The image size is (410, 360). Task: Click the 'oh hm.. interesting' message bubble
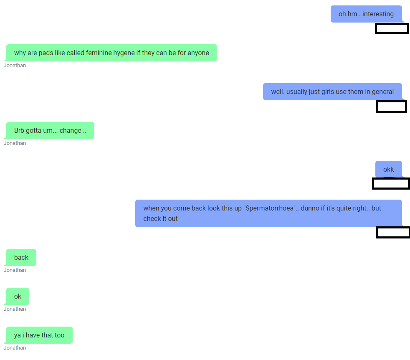[x=366, y=14]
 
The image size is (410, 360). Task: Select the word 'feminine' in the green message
[x=99, y=53]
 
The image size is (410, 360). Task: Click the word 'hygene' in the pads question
[x=124, y=53]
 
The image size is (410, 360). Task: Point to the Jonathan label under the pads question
[x=15, y=66]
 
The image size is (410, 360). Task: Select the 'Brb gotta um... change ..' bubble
[x=50, y=131]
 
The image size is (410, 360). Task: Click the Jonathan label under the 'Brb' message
[x=15, y=143]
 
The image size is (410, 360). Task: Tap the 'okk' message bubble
[x=389, y=169]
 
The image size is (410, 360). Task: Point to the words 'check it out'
[x=160, y=219]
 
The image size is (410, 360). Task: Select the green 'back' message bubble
[x=21, y=257]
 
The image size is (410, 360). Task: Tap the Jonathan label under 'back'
[x=15, y=270]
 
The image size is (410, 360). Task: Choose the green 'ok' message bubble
[x=18, y=296]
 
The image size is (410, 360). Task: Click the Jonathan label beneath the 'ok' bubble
[x=15, y=309]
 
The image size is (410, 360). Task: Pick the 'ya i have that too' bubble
[x=39, y=335]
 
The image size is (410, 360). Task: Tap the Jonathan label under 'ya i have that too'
[x=15, y=348]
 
